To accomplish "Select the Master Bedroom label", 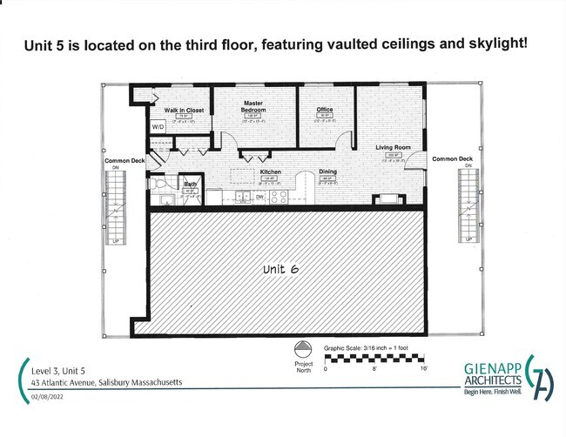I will pyautogui.click(x=253, y=106).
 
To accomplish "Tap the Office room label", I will pyautogui.click(x=326, y=110).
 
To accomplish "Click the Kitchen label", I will pyautogui.click(x=270, y=171).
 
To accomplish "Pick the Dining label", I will pyautogui.click(x=327, y=171).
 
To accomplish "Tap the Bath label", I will pyautogui.click(x=190, y=184).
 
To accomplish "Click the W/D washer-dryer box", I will pyautogui.click(x=158, y=127).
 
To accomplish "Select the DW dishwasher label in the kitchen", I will pyautogui.click(x=259, y=197).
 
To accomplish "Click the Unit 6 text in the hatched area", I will pyautogui.click(x=280, y=270).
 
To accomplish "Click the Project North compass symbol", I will pyautogui.click(x=303, y=347).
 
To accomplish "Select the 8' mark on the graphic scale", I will pyautogui.click(x=375, y=369).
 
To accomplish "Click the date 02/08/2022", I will pyautogui.click(x=51, y=398).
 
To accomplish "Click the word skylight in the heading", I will pyautogui.click(x=494, y=42).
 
